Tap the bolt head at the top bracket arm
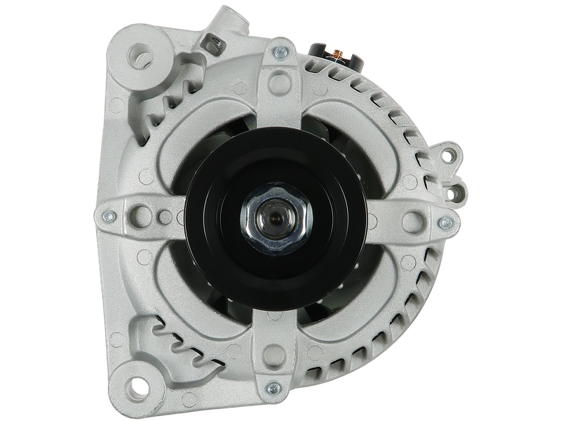[280, 51]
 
